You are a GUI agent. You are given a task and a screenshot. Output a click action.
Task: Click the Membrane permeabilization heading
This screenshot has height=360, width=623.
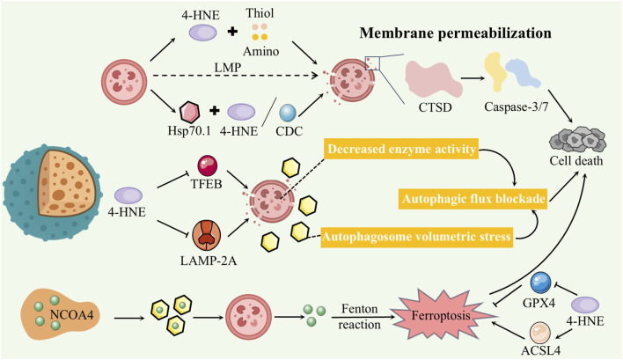coord(455,33)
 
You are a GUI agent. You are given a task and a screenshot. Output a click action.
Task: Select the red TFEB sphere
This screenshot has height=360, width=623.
coord(208,165)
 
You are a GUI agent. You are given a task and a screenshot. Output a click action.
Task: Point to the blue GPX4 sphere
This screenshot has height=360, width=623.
coord(541,283)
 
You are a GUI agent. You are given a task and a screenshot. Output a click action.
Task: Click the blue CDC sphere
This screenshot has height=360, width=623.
coord(287,113)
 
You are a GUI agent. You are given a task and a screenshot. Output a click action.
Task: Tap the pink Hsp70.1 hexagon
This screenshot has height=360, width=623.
coord(189,113)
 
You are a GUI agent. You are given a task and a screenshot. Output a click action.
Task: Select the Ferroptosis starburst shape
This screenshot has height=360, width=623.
coord(441,315)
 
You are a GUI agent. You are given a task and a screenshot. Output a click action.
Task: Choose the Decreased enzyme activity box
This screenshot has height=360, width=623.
coord(401,149)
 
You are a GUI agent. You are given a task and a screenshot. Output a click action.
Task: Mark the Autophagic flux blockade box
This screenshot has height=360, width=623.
coord(473,199)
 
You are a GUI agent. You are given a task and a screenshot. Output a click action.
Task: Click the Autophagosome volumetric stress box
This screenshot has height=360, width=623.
coord(416,237)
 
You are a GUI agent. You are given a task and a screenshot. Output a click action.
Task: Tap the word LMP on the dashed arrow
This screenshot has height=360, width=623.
coord(228,68)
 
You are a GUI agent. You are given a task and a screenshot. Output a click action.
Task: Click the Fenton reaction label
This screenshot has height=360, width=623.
coord(359,317)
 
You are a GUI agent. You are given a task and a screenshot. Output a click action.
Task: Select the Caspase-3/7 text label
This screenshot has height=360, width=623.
coord(517,107)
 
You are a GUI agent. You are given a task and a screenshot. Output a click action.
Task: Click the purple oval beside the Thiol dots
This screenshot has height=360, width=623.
coord(202,33)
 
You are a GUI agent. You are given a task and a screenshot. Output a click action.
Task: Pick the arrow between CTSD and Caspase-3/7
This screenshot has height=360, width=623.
coord(473,78)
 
